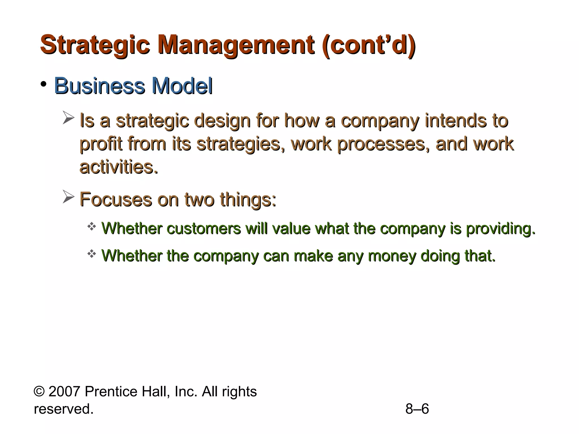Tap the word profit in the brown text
tap(101, 144)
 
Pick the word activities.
tap(118, 167)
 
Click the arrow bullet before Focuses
tap(68, 197)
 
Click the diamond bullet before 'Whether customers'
tap(92, 226)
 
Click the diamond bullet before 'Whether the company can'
tap(92, 254)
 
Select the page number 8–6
tap(417, 409)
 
